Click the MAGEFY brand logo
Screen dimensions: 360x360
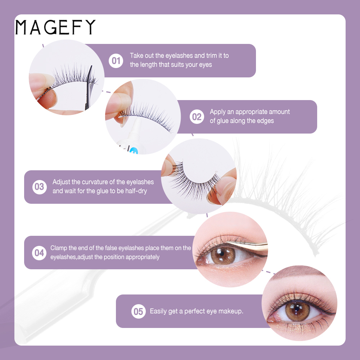pos(55,27)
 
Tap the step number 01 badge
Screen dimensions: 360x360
pos(116,61)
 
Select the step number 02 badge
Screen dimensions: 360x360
pos(197,117)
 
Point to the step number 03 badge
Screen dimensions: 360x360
pos(40,187)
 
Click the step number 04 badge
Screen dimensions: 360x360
pos(39,253)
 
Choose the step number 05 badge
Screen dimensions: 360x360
pos(139,311)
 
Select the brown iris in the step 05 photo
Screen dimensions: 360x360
pos(298,311)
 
